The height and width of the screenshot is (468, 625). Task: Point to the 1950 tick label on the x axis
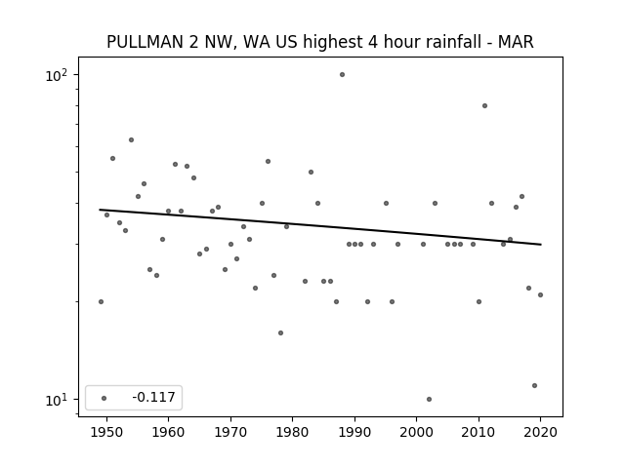[106, 432]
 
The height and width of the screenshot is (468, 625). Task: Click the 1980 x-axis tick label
[292, 432]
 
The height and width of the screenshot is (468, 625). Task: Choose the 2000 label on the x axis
[417, 432]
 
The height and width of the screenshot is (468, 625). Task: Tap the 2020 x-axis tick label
[540, 432]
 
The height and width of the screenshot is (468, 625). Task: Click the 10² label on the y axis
[57, 75]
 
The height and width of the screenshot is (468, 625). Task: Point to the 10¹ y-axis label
[57, 400]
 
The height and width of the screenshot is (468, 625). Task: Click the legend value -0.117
[154, 397]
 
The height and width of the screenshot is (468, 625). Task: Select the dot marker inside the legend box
[104, 398]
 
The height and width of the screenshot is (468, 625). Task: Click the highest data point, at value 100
[342, 74]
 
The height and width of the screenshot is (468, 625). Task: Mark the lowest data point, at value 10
[429, 399]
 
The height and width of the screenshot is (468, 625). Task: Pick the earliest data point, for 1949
[101, 301]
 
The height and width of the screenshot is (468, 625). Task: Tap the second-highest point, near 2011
[484, 106]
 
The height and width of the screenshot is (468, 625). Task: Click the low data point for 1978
[280, 333]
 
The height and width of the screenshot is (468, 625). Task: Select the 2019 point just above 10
[534, 386]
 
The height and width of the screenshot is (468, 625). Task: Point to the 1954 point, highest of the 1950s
[131, 140]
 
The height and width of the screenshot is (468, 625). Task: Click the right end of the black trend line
[541, 245]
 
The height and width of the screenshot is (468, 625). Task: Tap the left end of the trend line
[100, 210]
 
